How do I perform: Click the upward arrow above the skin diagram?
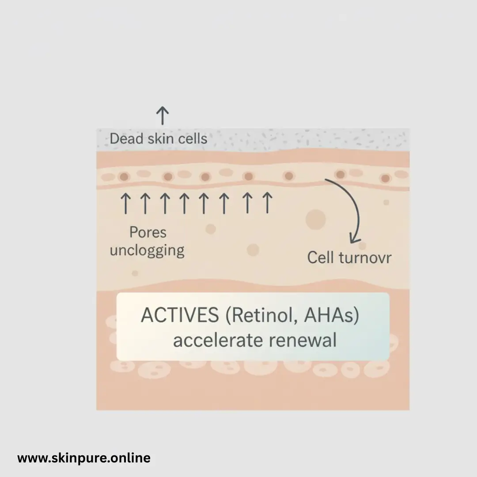(162, 116)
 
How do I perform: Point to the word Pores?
(148, 232)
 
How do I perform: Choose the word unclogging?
(147, 250)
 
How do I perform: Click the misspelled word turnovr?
(364, 257)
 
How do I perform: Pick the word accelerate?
(216, 341)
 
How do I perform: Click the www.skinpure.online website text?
(84, 458)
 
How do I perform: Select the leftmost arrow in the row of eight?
(126, 203)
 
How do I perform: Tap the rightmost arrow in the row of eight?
(266, 203)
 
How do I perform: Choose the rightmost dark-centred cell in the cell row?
(386, 179)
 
